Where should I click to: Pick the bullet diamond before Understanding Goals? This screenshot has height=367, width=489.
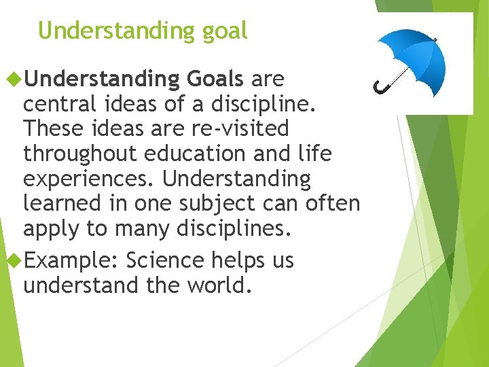[x=12, y=80]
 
